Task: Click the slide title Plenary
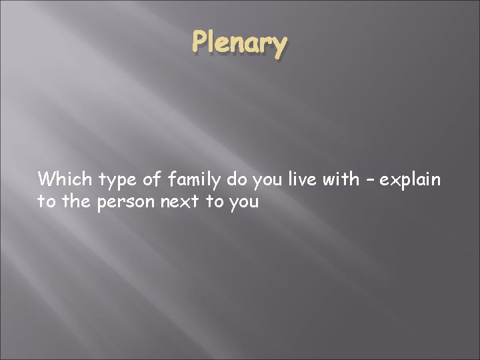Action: (240, 44)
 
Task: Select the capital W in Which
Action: (47, 179)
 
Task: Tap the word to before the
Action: (46, 201)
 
